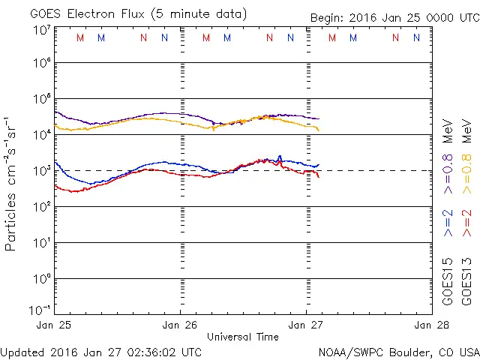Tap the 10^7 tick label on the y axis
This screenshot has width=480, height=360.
pyautogui.click(x=42, y=30)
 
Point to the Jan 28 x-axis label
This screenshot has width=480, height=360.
pyautogui.click(x=430, y=325)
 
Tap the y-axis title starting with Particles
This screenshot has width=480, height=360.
pyautogui.click(x=12, y=183)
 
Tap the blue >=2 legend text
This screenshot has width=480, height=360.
pyautogui.click(x=448, y=223)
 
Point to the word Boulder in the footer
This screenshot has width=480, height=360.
pyautogui.click(x=408, y=352)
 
